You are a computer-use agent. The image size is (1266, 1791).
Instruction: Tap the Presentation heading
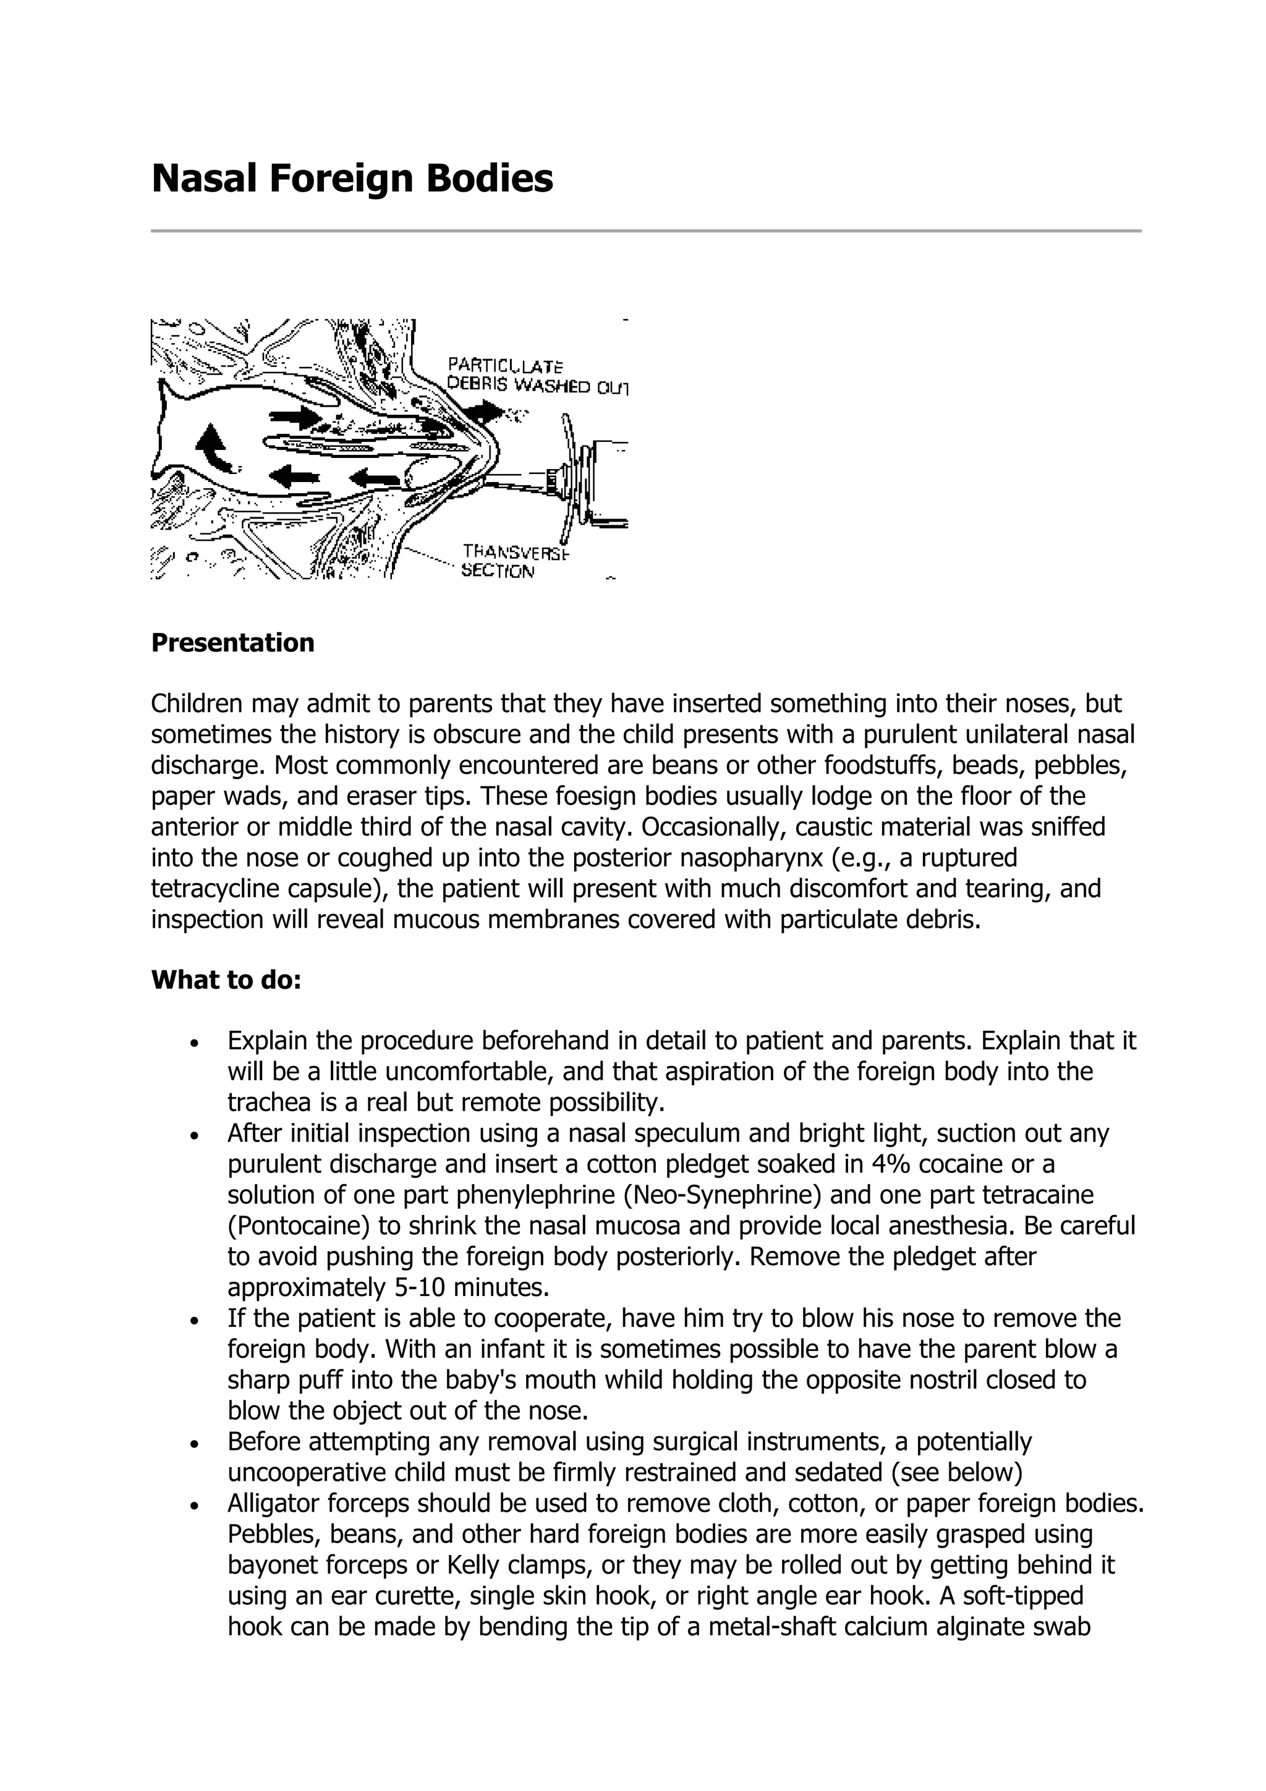click(x=232, y=643)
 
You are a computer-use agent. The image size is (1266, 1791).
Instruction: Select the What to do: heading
click(x=226, y=980)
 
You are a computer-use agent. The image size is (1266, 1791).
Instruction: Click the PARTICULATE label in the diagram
click(x=506, y=366)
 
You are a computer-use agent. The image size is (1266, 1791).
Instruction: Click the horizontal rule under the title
click(x=645, y=231)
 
